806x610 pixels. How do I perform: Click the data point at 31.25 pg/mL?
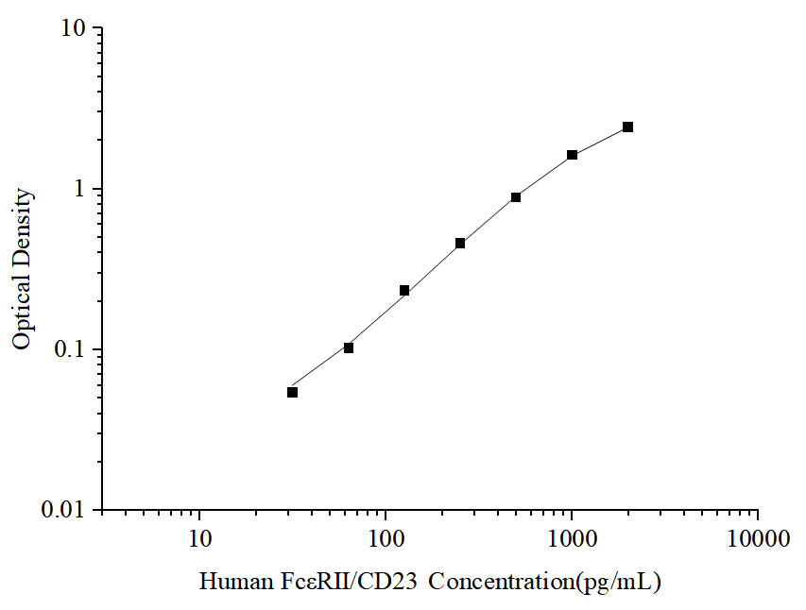point(293,392)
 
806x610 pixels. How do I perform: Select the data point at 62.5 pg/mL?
point(349,347)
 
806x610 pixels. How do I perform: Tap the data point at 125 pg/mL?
point(404,290)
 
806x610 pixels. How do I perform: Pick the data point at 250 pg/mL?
point(460,243)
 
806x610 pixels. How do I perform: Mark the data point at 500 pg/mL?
point(516,196)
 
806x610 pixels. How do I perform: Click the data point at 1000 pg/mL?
point(572,154)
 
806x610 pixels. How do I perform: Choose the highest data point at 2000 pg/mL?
point(627,127)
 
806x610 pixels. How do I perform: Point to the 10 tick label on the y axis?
point(75,29)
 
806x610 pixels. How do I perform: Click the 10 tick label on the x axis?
point(198,539)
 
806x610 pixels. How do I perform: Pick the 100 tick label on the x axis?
point(385,539)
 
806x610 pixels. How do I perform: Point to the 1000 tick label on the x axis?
point(571,539)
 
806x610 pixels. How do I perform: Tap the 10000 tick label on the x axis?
point(758,539)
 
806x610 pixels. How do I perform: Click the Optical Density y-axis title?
point(23,269)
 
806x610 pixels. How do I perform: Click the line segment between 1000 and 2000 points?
point(600,140)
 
